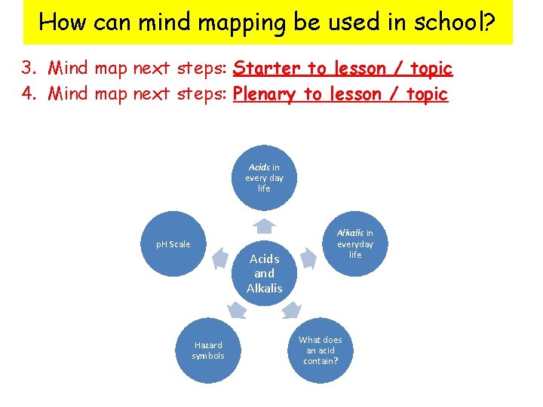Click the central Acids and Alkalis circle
(264, 273)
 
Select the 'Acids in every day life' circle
(263, 178)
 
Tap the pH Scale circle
(173, 244)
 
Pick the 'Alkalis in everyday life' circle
(354, 244)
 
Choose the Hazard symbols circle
(207, 350)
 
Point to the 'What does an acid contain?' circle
(321, 350)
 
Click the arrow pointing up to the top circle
(263, 225)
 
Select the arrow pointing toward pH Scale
(219, 259)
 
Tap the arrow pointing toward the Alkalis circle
(308, 259)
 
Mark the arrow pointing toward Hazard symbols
(237, 310)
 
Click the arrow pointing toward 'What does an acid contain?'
(291, 310)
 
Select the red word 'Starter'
(267, 69)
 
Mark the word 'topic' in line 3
(431, 69)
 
